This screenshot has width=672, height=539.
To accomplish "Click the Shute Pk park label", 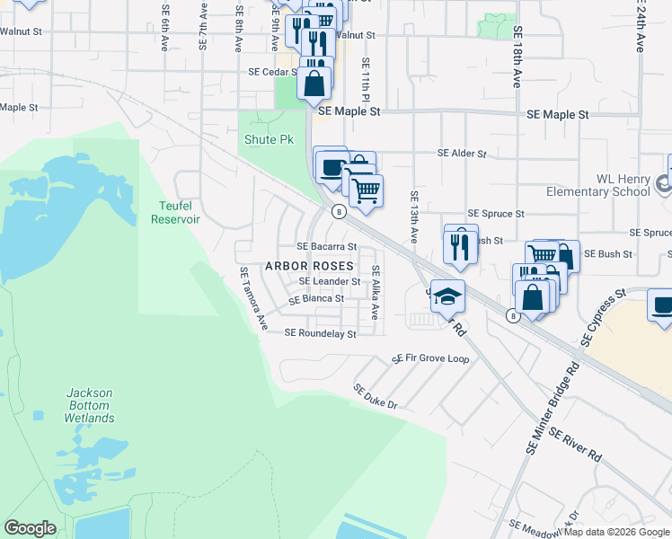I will tap(269, 140).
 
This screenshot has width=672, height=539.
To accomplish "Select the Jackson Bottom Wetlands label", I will tap(90, 405).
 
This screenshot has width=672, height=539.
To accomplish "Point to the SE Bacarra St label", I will tap(327, 246).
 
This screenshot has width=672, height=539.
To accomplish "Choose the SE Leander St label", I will tap(329, 281).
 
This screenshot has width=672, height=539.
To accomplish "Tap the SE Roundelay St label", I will tap(321, 333).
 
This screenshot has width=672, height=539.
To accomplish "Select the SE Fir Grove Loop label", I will tap(430, 358).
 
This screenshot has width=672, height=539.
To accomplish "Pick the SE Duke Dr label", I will tap(375, 397).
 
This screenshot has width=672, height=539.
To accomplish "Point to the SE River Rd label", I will tap(576, 445).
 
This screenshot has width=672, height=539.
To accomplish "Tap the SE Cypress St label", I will tap(603, 318).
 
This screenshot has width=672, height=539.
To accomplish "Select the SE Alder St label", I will tap(462, 154).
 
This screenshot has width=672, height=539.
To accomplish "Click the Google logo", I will tap(30, 528).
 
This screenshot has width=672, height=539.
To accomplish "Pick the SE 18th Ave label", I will tap(517, 56).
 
